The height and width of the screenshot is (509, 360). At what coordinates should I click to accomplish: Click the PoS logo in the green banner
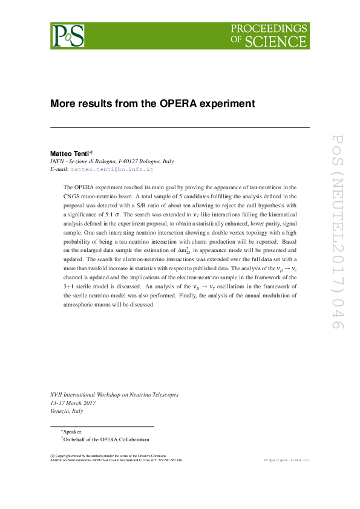tap(68, 35)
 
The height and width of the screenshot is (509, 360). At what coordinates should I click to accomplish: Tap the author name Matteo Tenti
tap(70, 154)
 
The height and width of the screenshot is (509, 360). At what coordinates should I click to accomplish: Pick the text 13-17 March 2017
tap(76, 403)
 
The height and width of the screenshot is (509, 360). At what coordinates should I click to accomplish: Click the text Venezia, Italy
tap(67, 410)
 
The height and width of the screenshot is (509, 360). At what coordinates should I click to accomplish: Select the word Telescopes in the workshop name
tap(164, 395)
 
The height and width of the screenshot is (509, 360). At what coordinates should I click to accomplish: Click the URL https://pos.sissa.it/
tap(287, 460)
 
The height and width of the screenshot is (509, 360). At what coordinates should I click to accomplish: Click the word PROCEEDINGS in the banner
tap(269, 29)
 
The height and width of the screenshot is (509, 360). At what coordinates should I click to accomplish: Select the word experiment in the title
tap(227, 103)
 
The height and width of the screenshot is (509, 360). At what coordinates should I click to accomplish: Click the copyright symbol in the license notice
tap(52, 455)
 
